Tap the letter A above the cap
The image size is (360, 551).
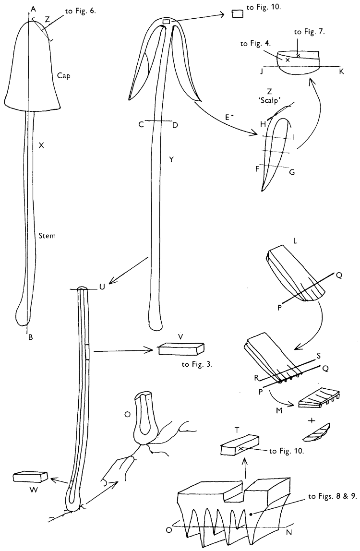click(x=32, y=9)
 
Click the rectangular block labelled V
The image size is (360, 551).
click(x=181, y=349)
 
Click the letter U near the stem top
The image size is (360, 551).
click(x=101, y=287)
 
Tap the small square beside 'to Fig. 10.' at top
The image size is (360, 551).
click(x=237, y=13)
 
